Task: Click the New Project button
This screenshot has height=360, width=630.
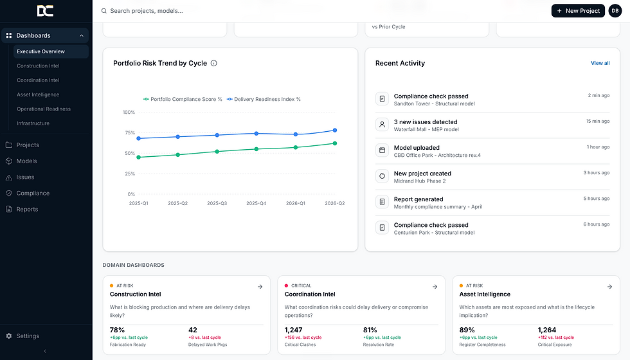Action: pos(578,11)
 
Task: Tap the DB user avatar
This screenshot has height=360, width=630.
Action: pos(615,11)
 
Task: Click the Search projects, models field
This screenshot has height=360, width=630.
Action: pos(147,11)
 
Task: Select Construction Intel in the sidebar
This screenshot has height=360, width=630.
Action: pos(38,66)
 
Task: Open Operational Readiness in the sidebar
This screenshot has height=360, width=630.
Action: pos(44,109)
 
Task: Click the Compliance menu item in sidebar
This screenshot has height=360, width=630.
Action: pos(33,194)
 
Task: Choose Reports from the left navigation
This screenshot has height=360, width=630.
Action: pos(27,210)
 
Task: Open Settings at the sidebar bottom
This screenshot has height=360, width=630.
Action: pos(28,336)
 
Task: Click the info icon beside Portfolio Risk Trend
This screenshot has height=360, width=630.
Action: pos(213,63)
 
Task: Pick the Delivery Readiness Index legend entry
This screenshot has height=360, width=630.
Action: pos(264,99)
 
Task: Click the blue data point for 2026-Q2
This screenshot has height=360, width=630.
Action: pos(335,130)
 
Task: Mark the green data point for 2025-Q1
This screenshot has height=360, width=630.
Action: pos(139,157)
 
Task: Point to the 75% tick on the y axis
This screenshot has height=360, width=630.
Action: pos(130,132)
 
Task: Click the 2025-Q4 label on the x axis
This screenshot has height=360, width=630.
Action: pos(256,203)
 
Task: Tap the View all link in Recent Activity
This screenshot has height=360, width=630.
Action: pos(600,63)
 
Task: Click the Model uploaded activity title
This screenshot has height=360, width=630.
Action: pos(417,148)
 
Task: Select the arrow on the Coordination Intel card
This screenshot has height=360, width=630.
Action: pos(435,287)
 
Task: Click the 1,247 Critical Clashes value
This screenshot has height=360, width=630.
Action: pos(293,330)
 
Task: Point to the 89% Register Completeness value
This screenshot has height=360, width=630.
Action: pos(467,330)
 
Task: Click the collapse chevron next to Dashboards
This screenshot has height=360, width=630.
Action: pos(82,36)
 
